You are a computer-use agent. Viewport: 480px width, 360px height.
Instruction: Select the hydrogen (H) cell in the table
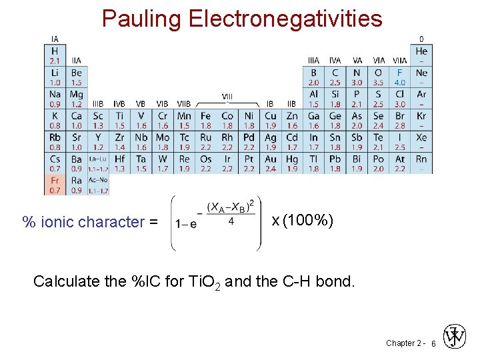coord(55,56)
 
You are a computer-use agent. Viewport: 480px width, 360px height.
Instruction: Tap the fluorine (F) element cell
coord(400,77)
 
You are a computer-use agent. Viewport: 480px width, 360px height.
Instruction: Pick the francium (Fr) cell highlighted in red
coord(55,185)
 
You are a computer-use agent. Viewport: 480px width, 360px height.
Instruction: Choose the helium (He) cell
coord(421,56)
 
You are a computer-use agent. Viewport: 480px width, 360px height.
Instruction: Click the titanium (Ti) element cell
coord(119,120)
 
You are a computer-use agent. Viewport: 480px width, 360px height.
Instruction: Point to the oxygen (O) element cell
coord(378,77)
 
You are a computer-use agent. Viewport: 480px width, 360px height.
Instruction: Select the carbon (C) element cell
coord(335,77)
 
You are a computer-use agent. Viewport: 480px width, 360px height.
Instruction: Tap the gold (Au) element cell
coord(271,163)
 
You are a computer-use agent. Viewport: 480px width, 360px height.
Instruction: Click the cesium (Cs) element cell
coord(55,163)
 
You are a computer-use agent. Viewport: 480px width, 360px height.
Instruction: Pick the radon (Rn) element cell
coord(421,163)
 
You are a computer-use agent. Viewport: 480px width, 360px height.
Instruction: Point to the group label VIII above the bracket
coord(227,97)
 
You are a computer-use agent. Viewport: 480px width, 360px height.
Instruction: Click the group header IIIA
coord(313,61)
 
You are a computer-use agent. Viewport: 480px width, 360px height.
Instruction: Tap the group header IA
coord(55,39)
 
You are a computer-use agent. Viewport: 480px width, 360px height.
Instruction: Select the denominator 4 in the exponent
coord(231,221)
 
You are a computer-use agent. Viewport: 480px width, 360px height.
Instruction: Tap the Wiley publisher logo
coord(455,337)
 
